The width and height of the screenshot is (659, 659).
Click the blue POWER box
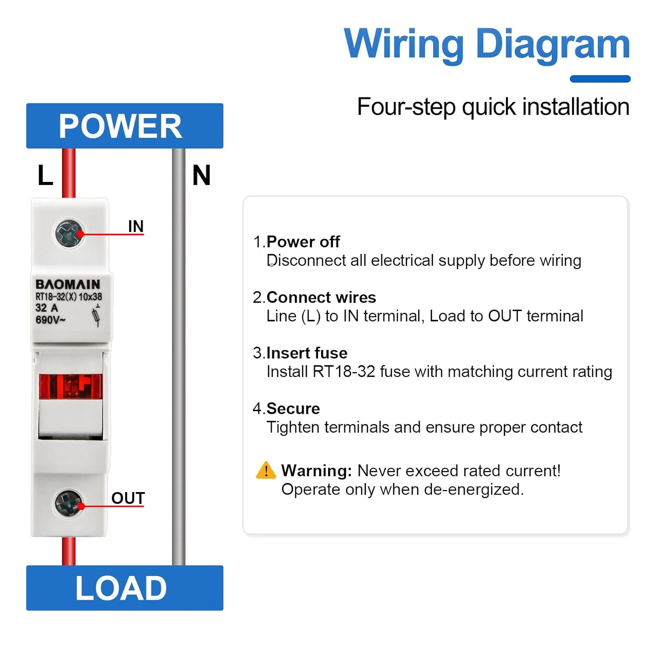click(x=125, y=126)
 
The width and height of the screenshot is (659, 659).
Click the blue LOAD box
click(x=125, y=588)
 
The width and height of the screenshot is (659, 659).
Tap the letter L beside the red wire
click(x=45, y=175)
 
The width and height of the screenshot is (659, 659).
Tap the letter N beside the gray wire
click(x=202, y=175)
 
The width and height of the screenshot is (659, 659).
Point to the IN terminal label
click(x=136, y=226)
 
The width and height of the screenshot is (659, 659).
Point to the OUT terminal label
click(x=128, y=498)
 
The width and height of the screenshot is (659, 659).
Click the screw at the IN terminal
click(x=69, y=233)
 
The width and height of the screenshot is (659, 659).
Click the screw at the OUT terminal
click(x=69, y=503)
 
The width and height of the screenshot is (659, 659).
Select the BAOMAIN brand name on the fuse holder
click(x=68, y=284)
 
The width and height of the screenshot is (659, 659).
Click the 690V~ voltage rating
click(x=51, y=319)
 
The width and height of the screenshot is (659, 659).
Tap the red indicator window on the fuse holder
click(x=71, y=386)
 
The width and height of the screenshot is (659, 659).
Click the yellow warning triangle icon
click(x=266, y=470)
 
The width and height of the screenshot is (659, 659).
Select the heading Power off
click(x=303, y=242)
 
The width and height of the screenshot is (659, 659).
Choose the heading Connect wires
click(x=321, y=297)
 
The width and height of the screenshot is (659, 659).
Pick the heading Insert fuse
click(x=307, y=353)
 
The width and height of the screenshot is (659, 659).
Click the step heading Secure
click(x=293, y=409)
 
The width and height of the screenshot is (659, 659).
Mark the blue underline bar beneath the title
click(x=600, y=79)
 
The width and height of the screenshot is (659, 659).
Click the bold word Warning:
click(x=316, y=471)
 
